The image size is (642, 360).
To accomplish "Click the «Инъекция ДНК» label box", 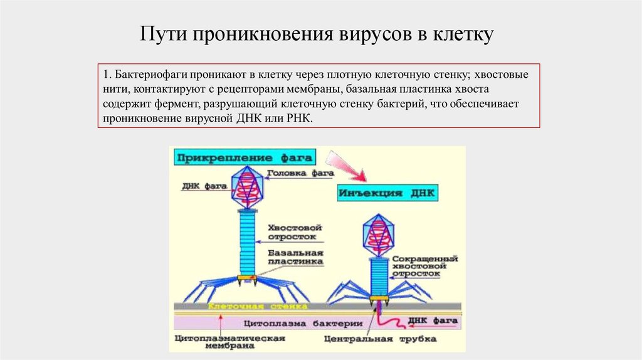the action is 388,193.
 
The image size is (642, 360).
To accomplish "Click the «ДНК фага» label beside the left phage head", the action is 200,186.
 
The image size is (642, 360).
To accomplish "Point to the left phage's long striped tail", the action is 248,241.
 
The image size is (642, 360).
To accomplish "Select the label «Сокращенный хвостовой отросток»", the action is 423,267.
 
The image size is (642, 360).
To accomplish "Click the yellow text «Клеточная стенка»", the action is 257,307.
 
